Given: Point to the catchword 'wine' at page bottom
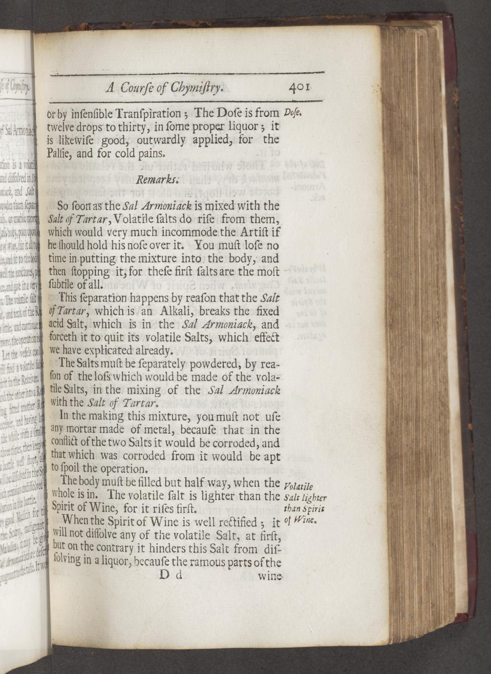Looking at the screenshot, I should (x=270, y=576).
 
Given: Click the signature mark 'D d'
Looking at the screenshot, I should (x=171, y=574).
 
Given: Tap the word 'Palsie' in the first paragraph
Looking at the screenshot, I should (x=62, y=153).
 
